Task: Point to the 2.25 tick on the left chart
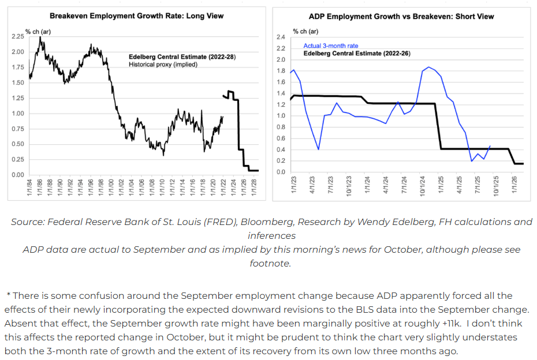tap(17, 36)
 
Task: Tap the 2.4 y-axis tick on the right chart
tap(281, 37)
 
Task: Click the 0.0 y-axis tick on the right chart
tap(281, 172)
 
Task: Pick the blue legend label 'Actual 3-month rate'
tap(331, 46)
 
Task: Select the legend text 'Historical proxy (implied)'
tap(163, 65)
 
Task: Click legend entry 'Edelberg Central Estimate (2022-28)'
tap(182, 57)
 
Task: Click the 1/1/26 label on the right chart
tap(513, 187)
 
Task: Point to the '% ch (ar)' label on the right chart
tap(305, 31)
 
